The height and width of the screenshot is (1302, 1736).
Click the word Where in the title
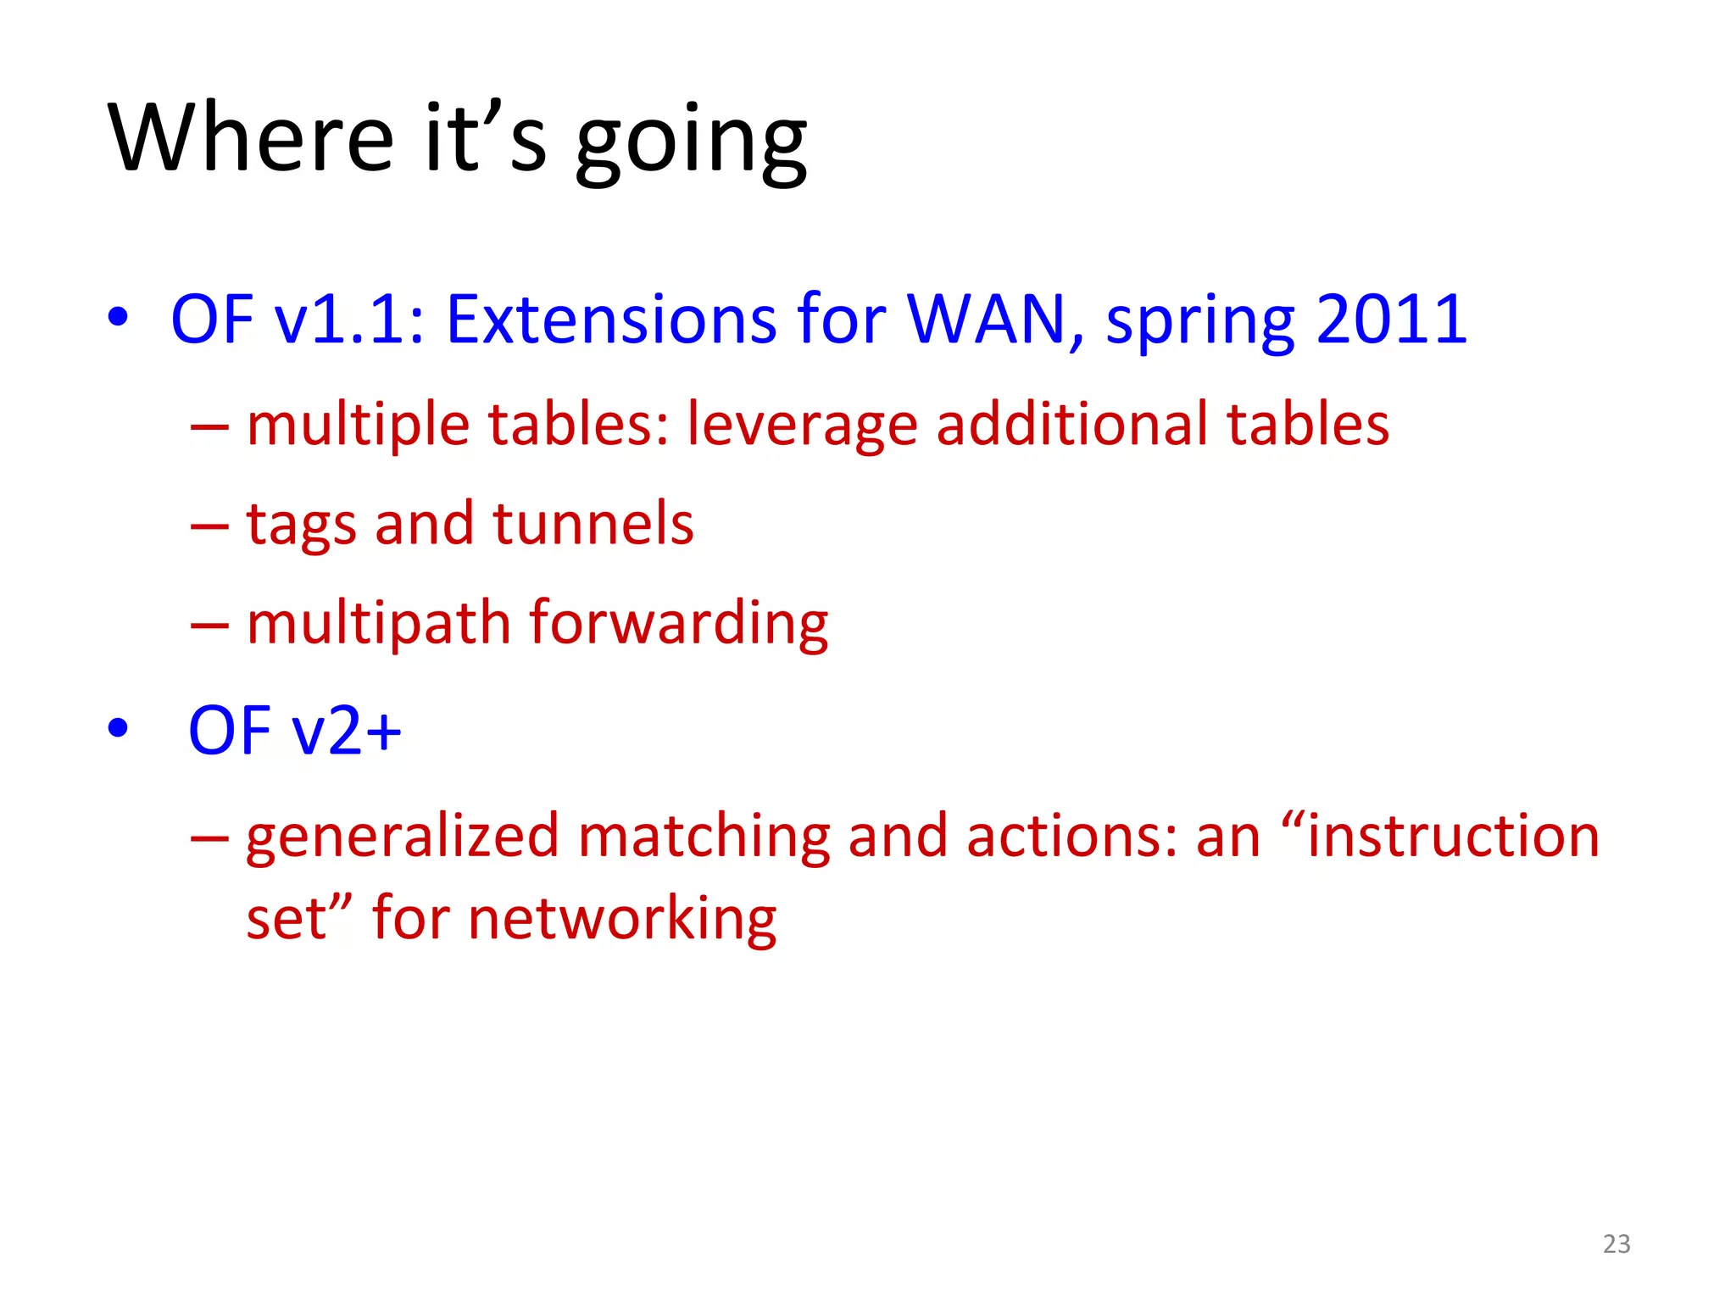click(251, 138)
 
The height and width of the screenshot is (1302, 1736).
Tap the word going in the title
click(691, 142)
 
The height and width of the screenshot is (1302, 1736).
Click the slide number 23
click(1616, 1244)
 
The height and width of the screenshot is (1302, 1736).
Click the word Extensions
click(611, 320)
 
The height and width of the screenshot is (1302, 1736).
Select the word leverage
click(802, 426)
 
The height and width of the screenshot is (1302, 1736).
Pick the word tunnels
click(593, 523)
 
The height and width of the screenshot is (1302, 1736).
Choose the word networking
click(621, 919)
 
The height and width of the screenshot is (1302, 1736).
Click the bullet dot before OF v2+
click(118, 727)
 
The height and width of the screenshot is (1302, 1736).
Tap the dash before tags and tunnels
click(209, 526)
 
